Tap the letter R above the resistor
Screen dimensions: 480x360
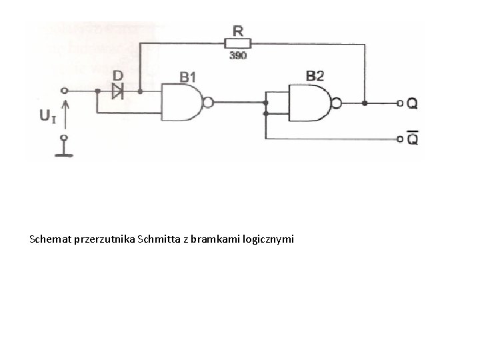tap(238, 30)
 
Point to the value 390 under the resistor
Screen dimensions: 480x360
tap(238, 56)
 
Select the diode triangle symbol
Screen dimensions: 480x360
tap(118, 91)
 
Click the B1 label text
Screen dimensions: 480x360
tap(189, 76)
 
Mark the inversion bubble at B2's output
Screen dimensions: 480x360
tap(335, 103)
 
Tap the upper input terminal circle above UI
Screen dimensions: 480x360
tap(64, 91)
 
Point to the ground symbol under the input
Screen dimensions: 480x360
tap(64, 154)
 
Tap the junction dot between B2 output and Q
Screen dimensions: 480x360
tap(365, 103)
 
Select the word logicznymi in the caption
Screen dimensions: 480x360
tap(270, 238)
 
